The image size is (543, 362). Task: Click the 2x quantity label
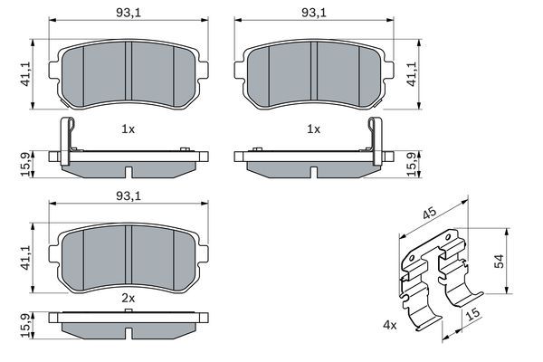click(x=128, y=296)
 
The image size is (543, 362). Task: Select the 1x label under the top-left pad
click(x=128, y=129)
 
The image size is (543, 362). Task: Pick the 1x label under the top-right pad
click(x=314, y=129)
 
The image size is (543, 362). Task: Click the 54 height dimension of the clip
click(x=497, y=260)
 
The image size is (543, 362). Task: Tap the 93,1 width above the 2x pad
click(x=128, y=195)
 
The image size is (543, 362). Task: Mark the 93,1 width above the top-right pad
click(x=314, y=12)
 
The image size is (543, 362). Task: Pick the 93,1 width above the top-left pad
click(x=128, y=12)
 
